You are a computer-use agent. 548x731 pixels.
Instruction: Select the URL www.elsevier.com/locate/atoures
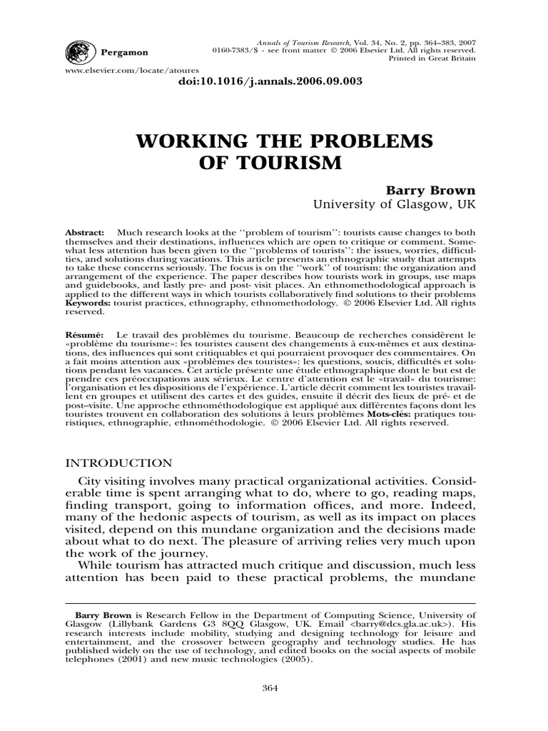tap(123, 71)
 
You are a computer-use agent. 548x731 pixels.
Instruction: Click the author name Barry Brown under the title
tap(420, 191)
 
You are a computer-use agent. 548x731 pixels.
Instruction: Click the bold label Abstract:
tap(85, 233)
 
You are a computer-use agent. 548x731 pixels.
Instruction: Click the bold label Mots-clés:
tap(393, 413)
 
